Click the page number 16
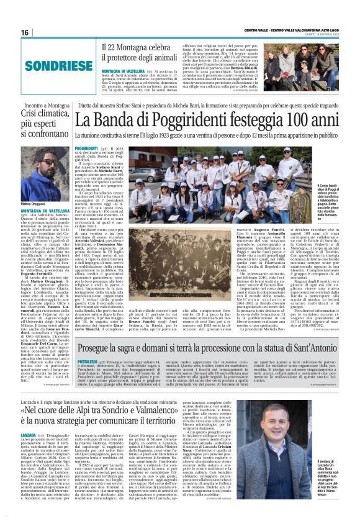tap(25, 33)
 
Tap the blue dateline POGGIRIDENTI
tap(86, 149)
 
